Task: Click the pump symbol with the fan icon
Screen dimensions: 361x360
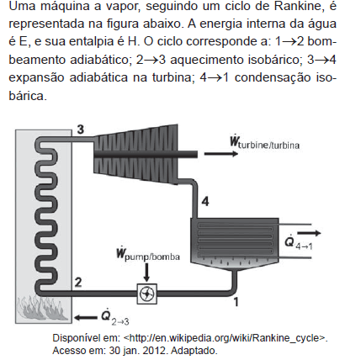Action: tap(146, 294)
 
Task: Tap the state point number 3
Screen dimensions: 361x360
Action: tap(81, 130)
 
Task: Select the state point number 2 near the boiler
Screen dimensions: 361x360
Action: tap(78, 282)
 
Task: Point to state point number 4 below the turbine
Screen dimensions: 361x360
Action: tap(205, 202)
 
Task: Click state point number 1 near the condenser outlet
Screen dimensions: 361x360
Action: tap(236, 302)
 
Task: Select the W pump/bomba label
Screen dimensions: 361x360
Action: tap(148, 254)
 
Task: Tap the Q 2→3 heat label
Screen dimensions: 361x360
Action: tap(115, 317)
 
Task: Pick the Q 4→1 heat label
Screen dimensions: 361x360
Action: tap(299, 242)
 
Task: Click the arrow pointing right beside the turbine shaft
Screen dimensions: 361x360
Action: tap(221, 154)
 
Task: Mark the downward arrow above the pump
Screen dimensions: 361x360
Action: tap(146, 272)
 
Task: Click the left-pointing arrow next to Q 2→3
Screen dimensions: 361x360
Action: tap(86, 318)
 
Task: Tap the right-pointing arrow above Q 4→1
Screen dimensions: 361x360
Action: tap(309, 233)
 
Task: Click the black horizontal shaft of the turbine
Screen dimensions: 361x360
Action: tap(146, 154)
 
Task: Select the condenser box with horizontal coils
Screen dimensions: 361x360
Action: tap(235, 241)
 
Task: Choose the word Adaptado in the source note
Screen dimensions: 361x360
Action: tap(194, 351)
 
